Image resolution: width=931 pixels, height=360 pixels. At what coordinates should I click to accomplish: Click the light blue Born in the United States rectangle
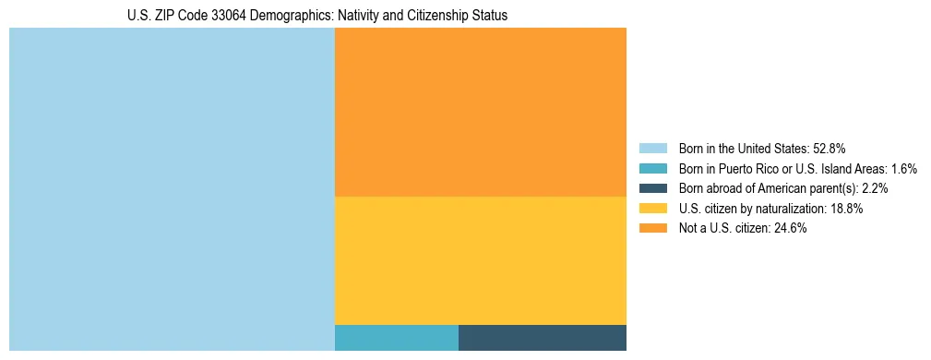pyautogui.click(x=172, y=189)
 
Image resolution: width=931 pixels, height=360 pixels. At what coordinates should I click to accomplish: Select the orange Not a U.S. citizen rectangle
pyautogui.click(x=480, y=112)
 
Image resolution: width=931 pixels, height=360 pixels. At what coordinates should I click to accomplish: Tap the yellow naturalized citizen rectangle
pyautogui.click(x=480, y=260)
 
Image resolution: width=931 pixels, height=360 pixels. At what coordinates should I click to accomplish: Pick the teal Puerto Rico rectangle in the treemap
pyautogui.click(x=396, y=338)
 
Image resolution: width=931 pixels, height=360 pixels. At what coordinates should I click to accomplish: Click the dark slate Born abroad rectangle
pyautogui.click(x=542, y=338)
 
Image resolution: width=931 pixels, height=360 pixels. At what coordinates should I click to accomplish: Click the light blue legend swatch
pyautogui.click(x=652, y=148)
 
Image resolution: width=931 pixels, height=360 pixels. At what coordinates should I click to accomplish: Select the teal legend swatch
pyautogui.click(x=652, y=168)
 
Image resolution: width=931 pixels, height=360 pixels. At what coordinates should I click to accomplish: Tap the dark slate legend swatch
pyautogui.click(x=652, y=188)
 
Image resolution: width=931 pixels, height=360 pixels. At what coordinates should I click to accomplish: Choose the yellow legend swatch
pyautogui.click(x=652, y=209)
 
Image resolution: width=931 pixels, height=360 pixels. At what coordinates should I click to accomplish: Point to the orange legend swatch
pyautogui.click(x=652, y=229)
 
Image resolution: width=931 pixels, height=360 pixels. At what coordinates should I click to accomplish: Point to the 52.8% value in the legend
pyautogui.click(x=830, y=148)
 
